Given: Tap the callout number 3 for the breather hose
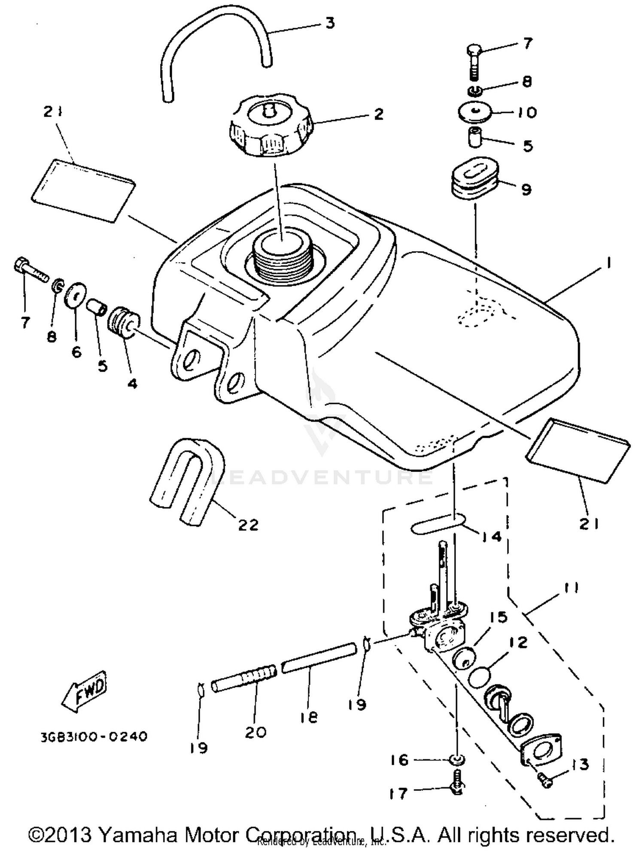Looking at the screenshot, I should [329, 23].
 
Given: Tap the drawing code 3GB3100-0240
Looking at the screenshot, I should [94, 736].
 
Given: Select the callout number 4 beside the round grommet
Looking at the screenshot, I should [132, 383].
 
